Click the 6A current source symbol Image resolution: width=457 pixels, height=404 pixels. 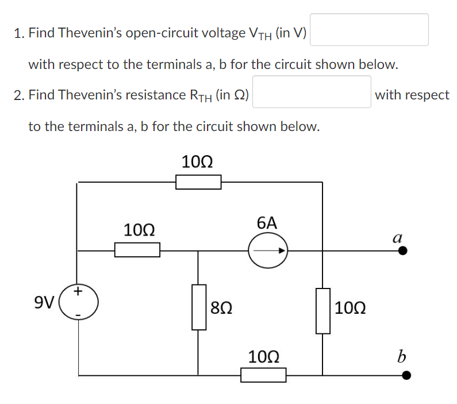pyautogui.click(x=268, y=251)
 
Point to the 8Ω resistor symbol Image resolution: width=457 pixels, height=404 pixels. pyautogui.click(x=199, y=307)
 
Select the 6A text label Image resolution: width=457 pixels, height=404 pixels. pyautogui.click(x=267, y=223)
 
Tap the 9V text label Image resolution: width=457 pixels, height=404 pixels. pyautogui.click(x=44, y=302)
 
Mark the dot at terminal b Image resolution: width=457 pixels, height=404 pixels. pyautogui.click(x=406, y=376)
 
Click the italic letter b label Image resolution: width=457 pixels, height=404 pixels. pyautogui.click(x=401, y=357)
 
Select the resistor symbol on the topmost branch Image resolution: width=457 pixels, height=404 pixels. pyautogui.click(x=198, y=182)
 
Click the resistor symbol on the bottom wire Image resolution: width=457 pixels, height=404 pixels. pyautogui.click(x=263, y=376)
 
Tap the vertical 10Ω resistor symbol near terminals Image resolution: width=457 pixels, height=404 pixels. pyautogui.click(x=322, y=311)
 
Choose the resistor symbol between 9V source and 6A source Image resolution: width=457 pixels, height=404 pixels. pyautogui.click(x=137, y=250)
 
